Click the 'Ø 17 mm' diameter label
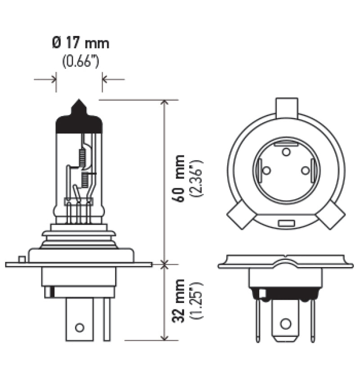81,44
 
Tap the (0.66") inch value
81,61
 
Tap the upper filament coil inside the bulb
81,156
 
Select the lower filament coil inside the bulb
84,180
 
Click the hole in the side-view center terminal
79,327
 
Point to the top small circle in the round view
286,152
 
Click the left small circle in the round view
266,170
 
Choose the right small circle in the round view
306,170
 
